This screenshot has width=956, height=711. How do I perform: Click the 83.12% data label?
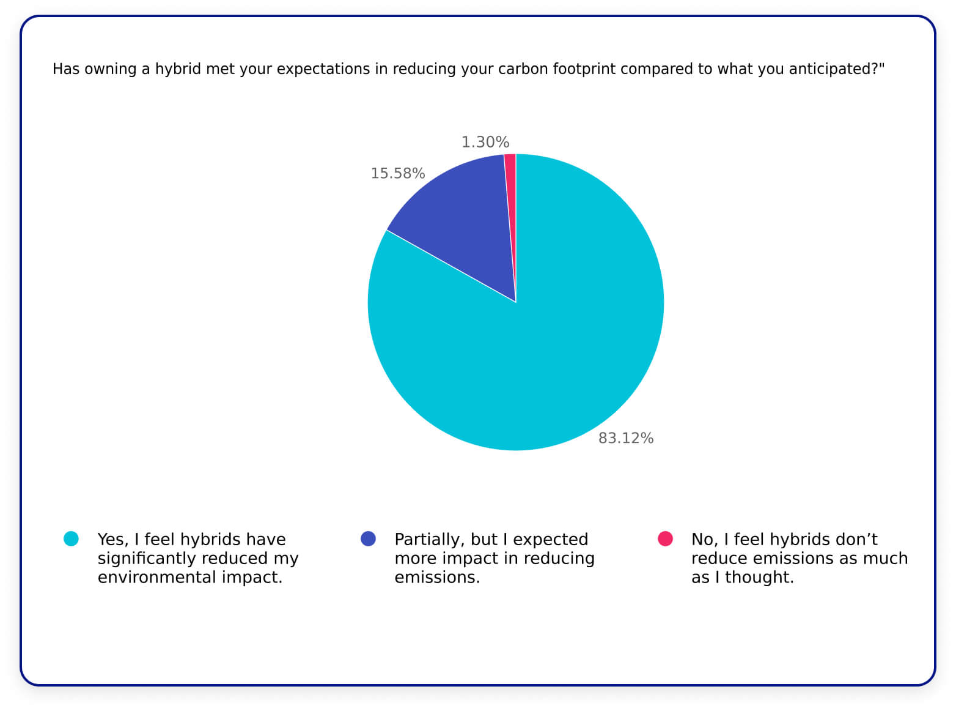pos(625,438)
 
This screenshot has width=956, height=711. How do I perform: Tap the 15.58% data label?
pos(397,173)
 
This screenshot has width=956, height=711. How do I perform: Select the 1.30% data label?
pos(485,142)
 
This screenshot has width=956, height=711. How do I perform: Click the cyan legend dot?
pos(71,538)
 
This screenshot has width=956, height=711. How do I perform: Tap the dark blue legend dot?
pos(368,538)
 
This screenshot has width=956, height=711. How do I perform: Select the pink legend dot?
pos(665,538)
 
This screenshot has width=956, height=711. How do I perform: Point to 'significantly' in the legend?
pos(147,558)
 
